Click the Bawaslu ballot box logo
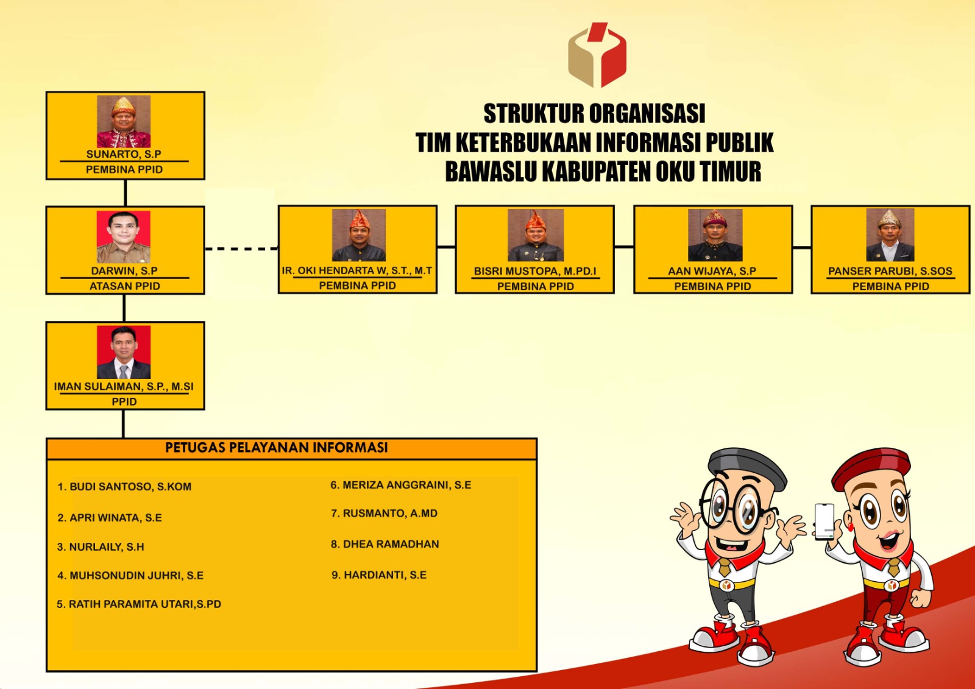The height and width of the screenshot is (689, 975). (x=597, y=55)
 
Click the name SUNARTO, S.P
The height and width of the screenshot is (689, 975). (x=124, y=154)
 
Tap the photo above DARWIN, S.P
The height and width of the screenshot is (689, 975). (x=124, y=237)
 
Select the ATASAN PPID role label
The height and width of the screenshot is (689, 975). (x=124, y=286)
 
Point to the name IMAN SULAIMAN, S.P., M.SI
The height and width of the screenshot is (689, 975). (x=124, y=386)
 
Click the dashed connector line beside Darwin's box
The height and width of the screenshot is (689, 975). (x=241, y=249)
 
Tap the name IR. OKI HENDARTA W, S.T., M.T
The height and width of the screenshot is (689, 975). (x=357, y=270)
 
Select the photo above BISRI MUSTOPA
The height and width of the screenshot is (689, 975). (x=536, y=235)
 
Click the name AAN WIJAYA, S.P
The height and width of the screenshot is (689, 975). (x=712, y=271)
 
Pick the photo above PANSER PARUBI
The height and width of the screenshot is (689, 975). (x=890, y=235)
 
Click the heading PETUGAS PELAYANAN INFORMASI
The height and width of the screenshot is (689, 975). (x=277, y=447)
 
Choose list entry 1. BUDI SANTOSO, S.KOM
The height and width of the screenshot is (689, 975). (x=124, y=487)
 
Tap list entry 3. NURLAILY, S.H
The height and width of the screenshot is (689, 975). (x=101, y=546)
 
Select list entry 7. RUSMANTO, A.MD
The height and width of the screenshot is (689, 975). (x=385, y=513)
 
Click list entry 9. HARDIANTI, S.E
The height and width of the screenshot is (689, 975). (x=379, y=575)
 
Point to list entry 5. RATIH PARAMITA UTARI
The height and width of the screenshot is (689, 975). (x=139, y=604)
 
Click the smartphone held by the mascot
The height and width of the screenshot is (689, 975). (x=824, y=522)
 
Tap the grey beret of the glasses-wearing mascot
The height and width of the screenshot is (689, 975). (x=747, y=467)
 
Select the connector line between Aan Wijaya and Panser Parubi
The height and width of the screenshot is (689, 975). (x=802, y=248)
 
